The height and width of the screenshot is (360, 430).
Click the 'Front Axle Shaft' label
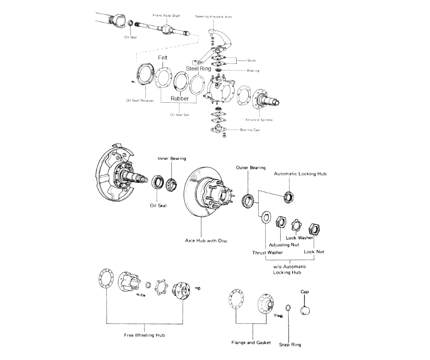(166, 15)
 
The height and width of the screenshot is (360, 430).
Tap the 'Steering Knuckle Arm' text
(214, 17)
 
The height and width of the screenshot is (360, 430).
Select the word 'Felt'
(163, 58)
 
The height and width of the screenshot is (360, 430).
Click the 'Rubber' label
(179, 99)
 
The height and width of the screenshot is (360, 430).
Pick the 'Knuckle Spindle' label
(259, 120)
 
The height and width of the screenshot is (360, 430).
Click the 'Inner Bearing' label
(172, 159)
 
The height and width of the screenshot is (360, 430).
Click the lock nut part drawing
(314, 228)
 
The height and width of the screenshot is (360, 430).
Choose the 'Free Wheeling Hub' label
(144, 335)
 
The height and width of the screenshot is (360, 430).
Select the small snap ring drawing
(288, 308)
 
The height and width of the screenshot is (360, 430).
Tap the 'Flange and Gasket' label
(251, 342)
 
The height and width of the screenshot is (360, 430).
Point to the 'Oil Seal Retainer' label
(140, 100)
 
